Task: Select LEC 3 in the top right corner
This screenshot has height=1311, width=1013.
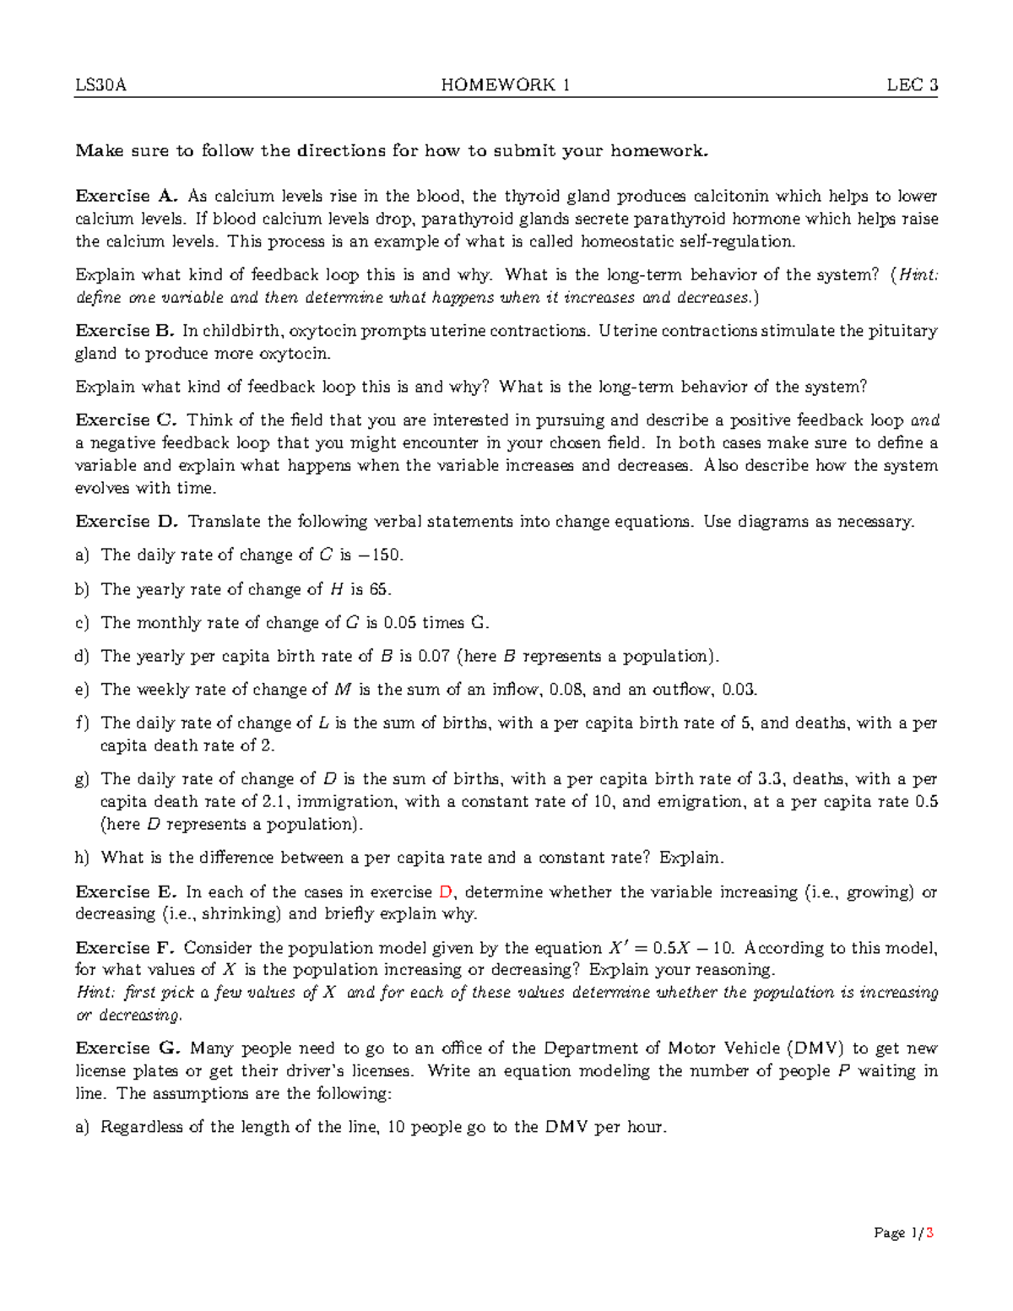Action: tap(912, 85)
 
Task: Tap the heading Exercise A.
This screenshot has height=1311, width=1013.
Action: tap(126, 197)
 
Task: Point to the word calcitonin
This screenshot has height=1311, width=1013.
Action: tap(731, 197)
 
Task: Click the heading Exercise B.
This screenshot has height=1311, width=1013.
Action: tap(125, 331)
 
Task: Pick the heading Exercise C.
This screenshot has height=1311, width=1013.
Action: tap(126, 420)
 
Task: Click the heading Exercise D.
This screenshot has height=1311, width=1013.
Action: tap(127, 522)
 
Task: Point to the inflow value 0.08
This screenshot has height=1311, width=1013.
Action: tap(567, 690)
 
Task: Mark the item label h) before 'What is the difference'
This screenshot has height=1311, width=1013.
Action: tap(82, 858)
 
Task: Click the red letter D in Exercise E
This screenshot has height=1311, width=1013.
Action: tap(447, 892)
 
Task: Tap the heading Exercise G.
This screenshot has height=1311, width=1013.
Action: tap(127, 1048)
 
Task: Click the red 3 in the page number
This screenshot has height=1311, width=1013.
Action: tap(929, 1233)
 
